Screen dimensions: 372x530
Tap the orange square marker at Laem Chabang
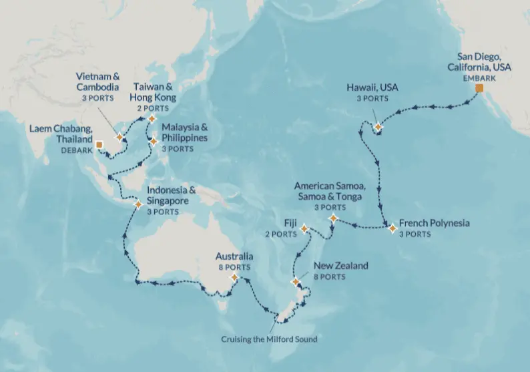pyautogui.click(x=99, y=144)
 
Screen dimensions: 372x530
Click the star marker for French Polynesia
pyautogui.click(x=392, y=229)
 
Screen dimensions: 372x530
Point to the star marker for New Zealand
pyautogui.click(x=295, y=283)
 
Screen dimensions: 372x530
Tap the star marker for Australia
pyautogui.click(x=234, y=277)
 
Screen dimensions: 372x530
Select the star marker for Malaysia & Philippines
pyautogui.click(x=154, y=142)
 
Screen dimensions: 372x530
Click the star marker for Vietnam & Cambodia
pyautogui.click(x=119, y=138)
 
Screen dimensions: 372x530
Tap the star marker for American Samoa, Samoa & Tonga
pyautogui.click(x=333, y=218)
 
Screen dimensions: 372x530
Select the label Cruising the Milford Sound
pyautogui.click(x=269, y=339)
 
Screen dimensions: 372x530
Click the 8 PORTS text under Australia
pyautogui.click(x=234, y=267)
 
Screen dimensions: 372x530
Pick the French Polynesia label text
pyautogui.click(x=434, y=224)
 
